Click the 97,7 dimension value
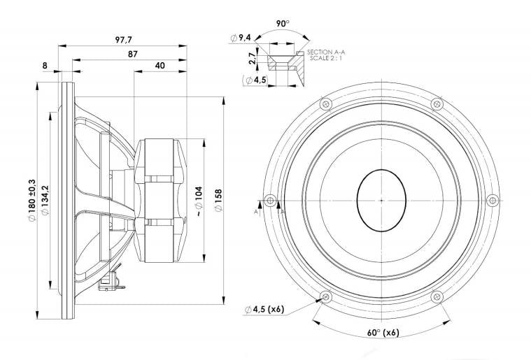123,40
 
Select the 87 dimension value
133,54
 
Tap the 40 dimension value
160,65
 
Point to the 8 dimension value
45,66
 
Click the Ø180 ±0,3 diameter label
32,201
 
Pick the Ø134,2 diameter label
45,201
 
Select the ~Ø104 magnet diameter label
199,201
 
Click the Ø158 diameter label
218,201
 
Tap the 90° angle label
283,24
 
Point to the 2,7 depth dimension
252,59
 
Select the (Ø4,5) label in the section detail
255,80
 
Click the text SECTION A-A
326,52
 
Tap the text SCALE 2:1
326,58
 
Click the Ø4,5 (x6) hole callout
264,309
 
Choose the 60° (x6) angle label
383,333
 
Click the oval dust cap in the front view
382,201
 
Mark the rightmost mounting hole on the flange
493,201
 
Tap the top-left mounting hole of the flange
326,104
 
